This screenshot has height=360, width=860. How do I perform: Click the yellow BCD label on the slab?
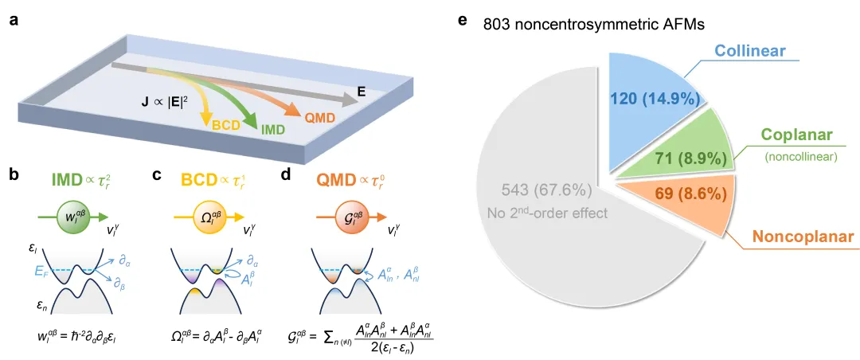226,124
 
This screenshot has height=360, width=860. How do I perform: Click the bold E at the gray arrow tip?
361,92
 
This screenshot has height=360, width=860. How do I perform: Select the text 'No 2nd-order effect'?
548,213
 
